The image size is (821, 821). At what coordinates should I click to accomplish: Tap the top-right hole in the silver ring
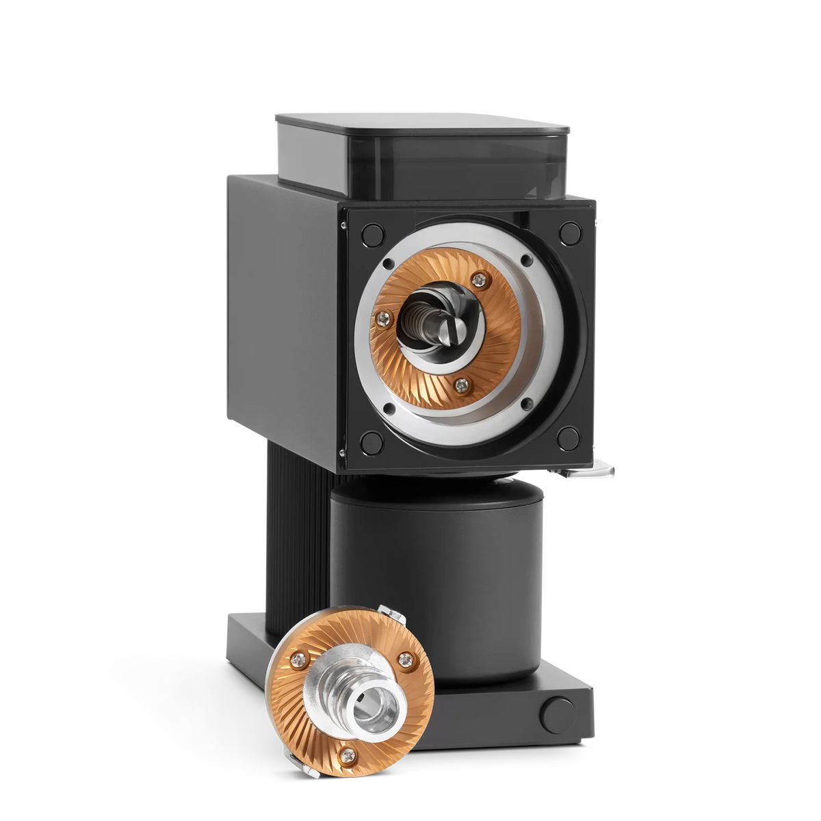(x=527, y=259)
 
